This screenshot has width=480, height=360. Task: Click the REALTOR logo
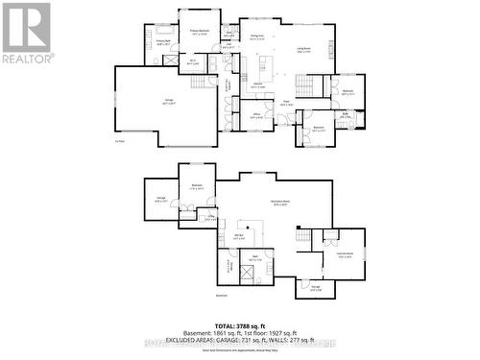[27, 34]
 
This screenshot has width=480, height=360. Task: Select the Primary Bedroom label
[199, 31]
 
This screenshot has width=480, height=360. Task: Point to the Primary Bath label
[161, 42]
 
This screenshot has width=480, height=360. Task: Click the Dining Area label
[257, 36]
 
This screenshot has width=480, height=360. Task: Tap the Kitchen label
[257, 86]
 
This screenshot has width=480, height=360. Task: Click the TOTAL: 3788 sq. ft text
[239, 325]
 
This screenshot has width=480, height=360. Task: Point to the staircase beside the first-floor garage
[197, 82]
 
